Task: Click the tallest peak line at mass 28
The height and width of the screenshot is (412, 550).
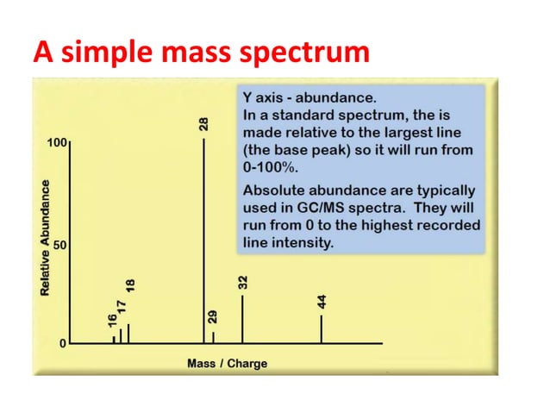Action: point(204,241)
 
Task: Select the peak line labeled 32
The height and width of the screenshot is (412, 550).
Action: point(242,319)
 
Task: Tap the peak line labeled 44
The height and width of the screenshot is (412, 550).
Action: point(322,329)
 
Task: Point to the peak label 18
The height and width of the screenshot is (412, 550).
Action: point(130,288)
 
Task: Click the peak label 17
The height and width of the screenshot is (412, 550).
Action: point(122,306)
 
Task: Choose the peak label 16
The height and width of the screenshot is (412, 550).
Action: point(113,320)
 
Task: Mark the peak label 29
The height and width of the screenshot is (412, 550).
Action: point(214,316)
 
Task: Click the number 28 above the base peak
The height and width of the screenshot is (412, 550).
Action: point(204,123)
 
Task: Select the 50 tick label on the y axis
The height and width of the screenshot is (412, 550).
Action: point(60,245)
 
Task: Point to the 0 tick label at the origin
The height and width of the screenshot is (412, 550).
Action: point(62,344)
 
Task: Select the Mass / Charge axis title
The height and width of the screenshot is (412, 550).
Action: point(227,364)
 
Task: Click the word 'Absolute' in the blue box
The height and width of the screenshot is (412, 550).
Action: point(273,190)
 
